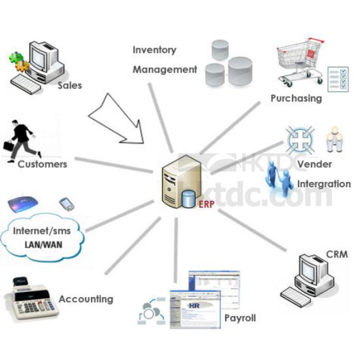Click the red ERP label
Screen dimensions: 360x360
206,204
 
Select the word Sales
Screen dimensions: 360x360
70,85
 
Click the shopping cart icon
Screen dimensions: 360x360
300,62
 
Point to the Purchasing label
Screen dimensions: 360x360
296,98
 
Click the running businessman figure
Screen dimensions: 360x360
22,141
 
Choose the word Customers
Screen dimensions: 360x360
43,164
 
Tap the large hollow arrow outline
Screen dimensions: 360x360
117,118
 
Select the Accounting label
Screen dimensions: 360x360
86,299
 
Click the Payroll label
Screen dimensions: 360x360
240,318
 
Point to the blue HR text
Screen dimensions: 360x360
194,306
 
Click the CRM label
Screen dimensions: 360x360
337,255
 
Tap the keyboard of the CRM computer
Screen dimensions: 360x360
295,297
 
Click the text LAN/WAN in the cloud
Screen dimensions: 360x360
43,245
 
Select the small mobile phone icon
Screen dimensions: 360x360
67,204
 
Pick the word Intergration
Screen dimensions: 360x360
324,184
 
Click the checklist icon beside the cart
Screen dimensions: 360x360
338,79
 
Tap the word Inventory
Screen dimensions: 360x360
154,50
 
